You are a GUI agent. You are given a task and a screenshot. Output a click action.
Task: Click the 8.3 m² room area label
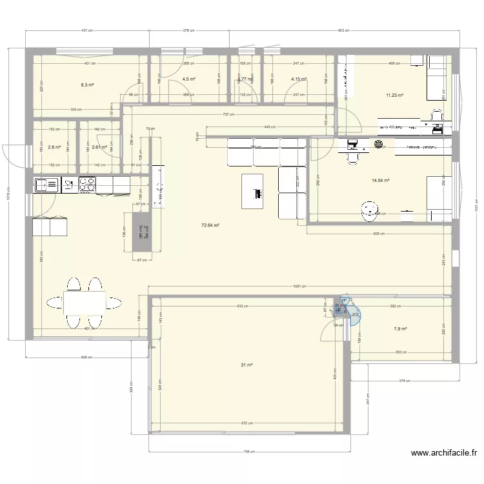coord(88,85)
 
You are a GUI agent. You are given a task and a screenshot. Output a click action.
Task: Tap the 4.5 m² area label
coord(189,79)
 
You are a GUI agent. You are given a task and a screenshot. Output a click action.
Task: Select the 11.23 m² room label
coord(394,96)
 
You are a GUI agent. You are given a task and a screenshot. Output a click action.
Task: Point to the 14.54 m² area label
coord(381,181)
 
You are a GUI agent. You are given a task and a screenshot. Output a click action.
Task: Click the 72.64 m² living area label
coord(210,225)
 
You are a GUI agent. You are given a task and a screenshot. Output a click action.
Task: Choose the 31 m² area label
coord(247,365)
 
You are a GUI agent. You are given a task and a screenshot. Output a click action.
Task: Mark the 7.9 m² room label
coord(400,328)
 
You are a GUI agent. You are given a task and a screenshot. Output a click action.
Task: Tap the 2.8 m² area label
coord(54,147)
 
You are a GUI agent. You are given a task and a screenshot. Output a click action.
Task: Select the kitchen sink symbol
coord(47,186)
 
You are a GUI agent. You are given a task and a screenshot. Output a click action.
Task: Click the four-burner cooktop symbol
coord(87,186)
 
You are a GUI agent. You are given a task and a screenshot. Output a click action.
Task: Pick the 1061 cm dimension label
coord(299,286)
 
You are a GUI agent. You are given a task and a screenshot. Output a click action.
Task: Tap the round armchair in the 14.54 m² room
coord(369,208)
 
